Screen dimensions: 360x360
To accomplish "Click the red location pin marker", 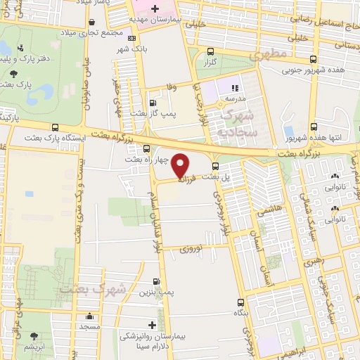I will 181,165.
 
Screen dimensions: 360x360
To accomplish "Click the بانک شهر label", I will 131,51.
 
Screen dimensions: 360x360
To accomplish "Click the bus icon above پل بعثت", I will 215,165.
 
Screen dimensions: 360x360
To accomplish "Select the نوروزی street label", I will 191,249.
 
